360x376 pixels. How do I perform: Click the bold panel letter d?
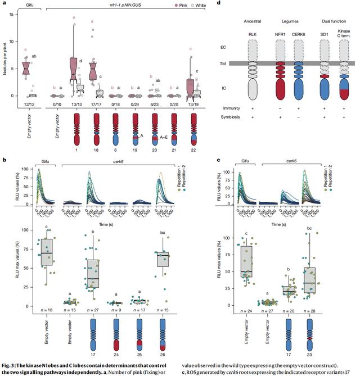tap(218, 4)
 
